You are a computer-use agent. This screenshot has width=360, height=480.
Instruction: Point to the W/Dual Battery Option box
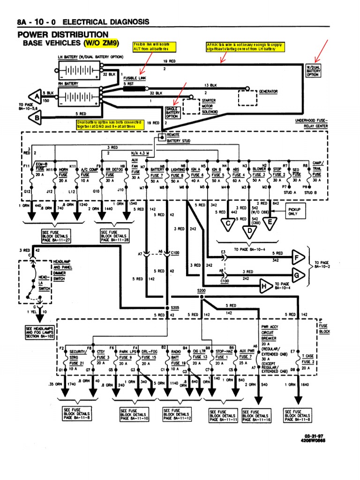point(314,70)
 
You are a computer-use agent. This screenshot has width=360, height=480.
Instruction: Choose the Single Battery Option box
point(172,112)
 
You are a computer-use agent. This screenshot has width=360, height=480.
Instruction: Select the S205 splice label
point(175,307)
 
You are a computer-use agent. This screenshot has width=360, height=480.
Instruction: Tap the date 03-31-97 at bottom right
point(315,436)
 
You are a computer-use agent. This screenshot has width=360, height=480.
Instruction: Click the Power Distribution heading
point(63,35)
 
